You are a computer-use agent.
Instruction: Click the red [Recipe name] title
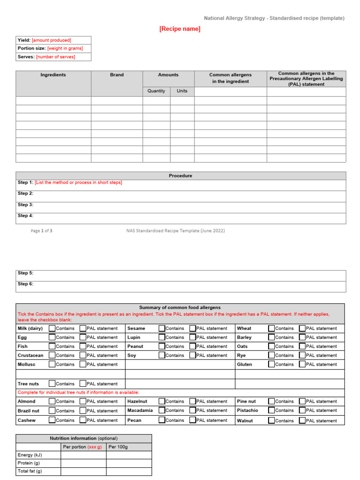[x=180, y=29]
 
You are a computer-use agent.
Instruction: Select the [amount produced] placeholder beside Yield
[x=52, y=40]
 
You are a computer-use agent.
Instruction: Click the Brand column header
[x=117, y=75]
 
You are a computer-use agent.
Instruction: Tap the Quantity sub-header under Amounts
[x=156, y=91]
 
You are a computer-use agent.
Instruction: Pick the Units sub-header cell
[x=182, y=91]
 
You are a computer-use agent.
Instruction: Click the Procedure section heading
[x=180, y=176]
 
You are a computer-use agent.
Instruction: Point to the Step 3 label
[x=25, y=205]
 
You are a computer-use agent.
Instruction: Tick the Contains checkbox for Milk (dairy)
[x=52, y=329]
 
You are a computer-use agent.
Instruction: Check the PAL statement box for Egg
[x=83, y=337]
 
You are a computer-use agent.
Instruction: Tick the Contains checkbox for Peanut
[x=162, y=346]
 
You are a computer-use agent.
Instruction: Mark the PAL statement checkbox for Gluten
[x=302, y=364]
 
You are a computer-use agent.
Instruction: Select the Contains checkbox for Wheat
[x=271, y=329]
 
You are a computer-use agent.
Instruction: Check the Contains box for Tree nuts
[x=52, y=384]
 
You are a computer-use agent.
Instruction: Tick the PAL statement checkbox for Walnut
[x=302, y=420]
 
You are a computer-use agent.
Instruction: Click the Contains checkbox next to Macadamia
[x=162, y=411]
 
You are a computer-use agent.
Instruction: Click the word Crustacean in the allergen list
[x=30, y=355]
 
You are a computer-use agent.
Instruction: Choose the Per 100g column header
[x=118, y=447]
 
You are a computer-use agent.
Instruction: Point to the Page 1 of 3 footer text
[x=42, y=231]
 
